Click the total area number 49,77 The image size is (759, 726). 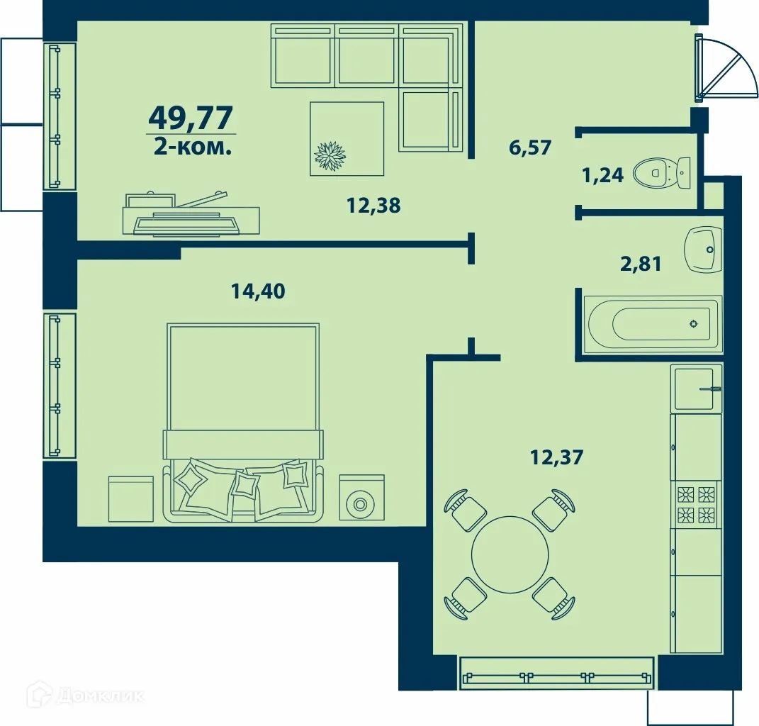pos(191,116)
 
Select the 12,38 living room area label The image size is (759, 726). pos(373,206)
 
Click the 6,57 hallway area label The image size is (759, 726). pos(529,148)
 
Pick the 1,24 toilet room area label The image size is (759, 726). pos(602,174)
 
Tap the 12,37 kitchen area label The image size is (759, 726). pos(556,457)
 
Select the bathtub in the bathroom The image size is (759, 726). pos(652,324)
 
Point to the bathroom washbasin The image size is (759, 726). pos(703,249)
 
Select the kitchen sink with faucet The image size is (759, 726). pos(697,388)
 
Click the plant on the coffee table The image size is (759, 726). pos(330,156)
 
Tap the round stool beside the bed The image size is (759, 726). pos(361,504)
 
